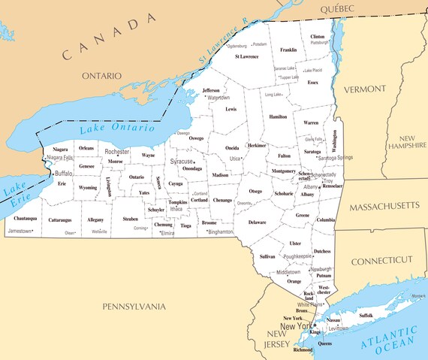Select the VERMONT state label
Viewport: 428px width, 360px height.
(x=364, y=89)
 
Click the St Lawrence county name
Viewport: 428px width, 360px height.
(x=246, y=56)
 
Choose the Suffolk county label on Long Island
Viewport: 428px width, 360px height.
(x=366, y=316)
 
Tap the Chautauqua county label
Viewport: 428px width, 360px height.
(x=26, y=218)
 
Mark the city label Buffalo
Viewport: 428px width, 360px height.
(x=64, y=174)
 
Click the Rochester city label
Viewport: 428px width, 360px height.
(x=117, y=152)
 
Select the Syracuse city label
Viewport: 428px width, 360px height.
(x=180, y=162)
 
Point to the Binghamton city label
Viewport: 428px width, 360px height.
(x=222, y=232)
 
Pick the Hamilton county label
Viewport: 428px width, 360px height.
(x=278, y=117)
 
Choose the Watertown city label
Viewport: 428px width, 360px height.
(x=219, y=98)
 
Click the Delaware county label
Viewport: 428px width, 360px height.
(x=257, y=222)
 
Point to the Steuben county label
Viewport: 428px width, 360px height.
(x=130, y=219)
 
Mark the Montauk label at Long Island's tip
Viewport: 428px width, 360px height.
(x=417, y=296)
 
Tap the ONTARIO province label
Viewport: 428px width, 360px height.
(x=101, y=76)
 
